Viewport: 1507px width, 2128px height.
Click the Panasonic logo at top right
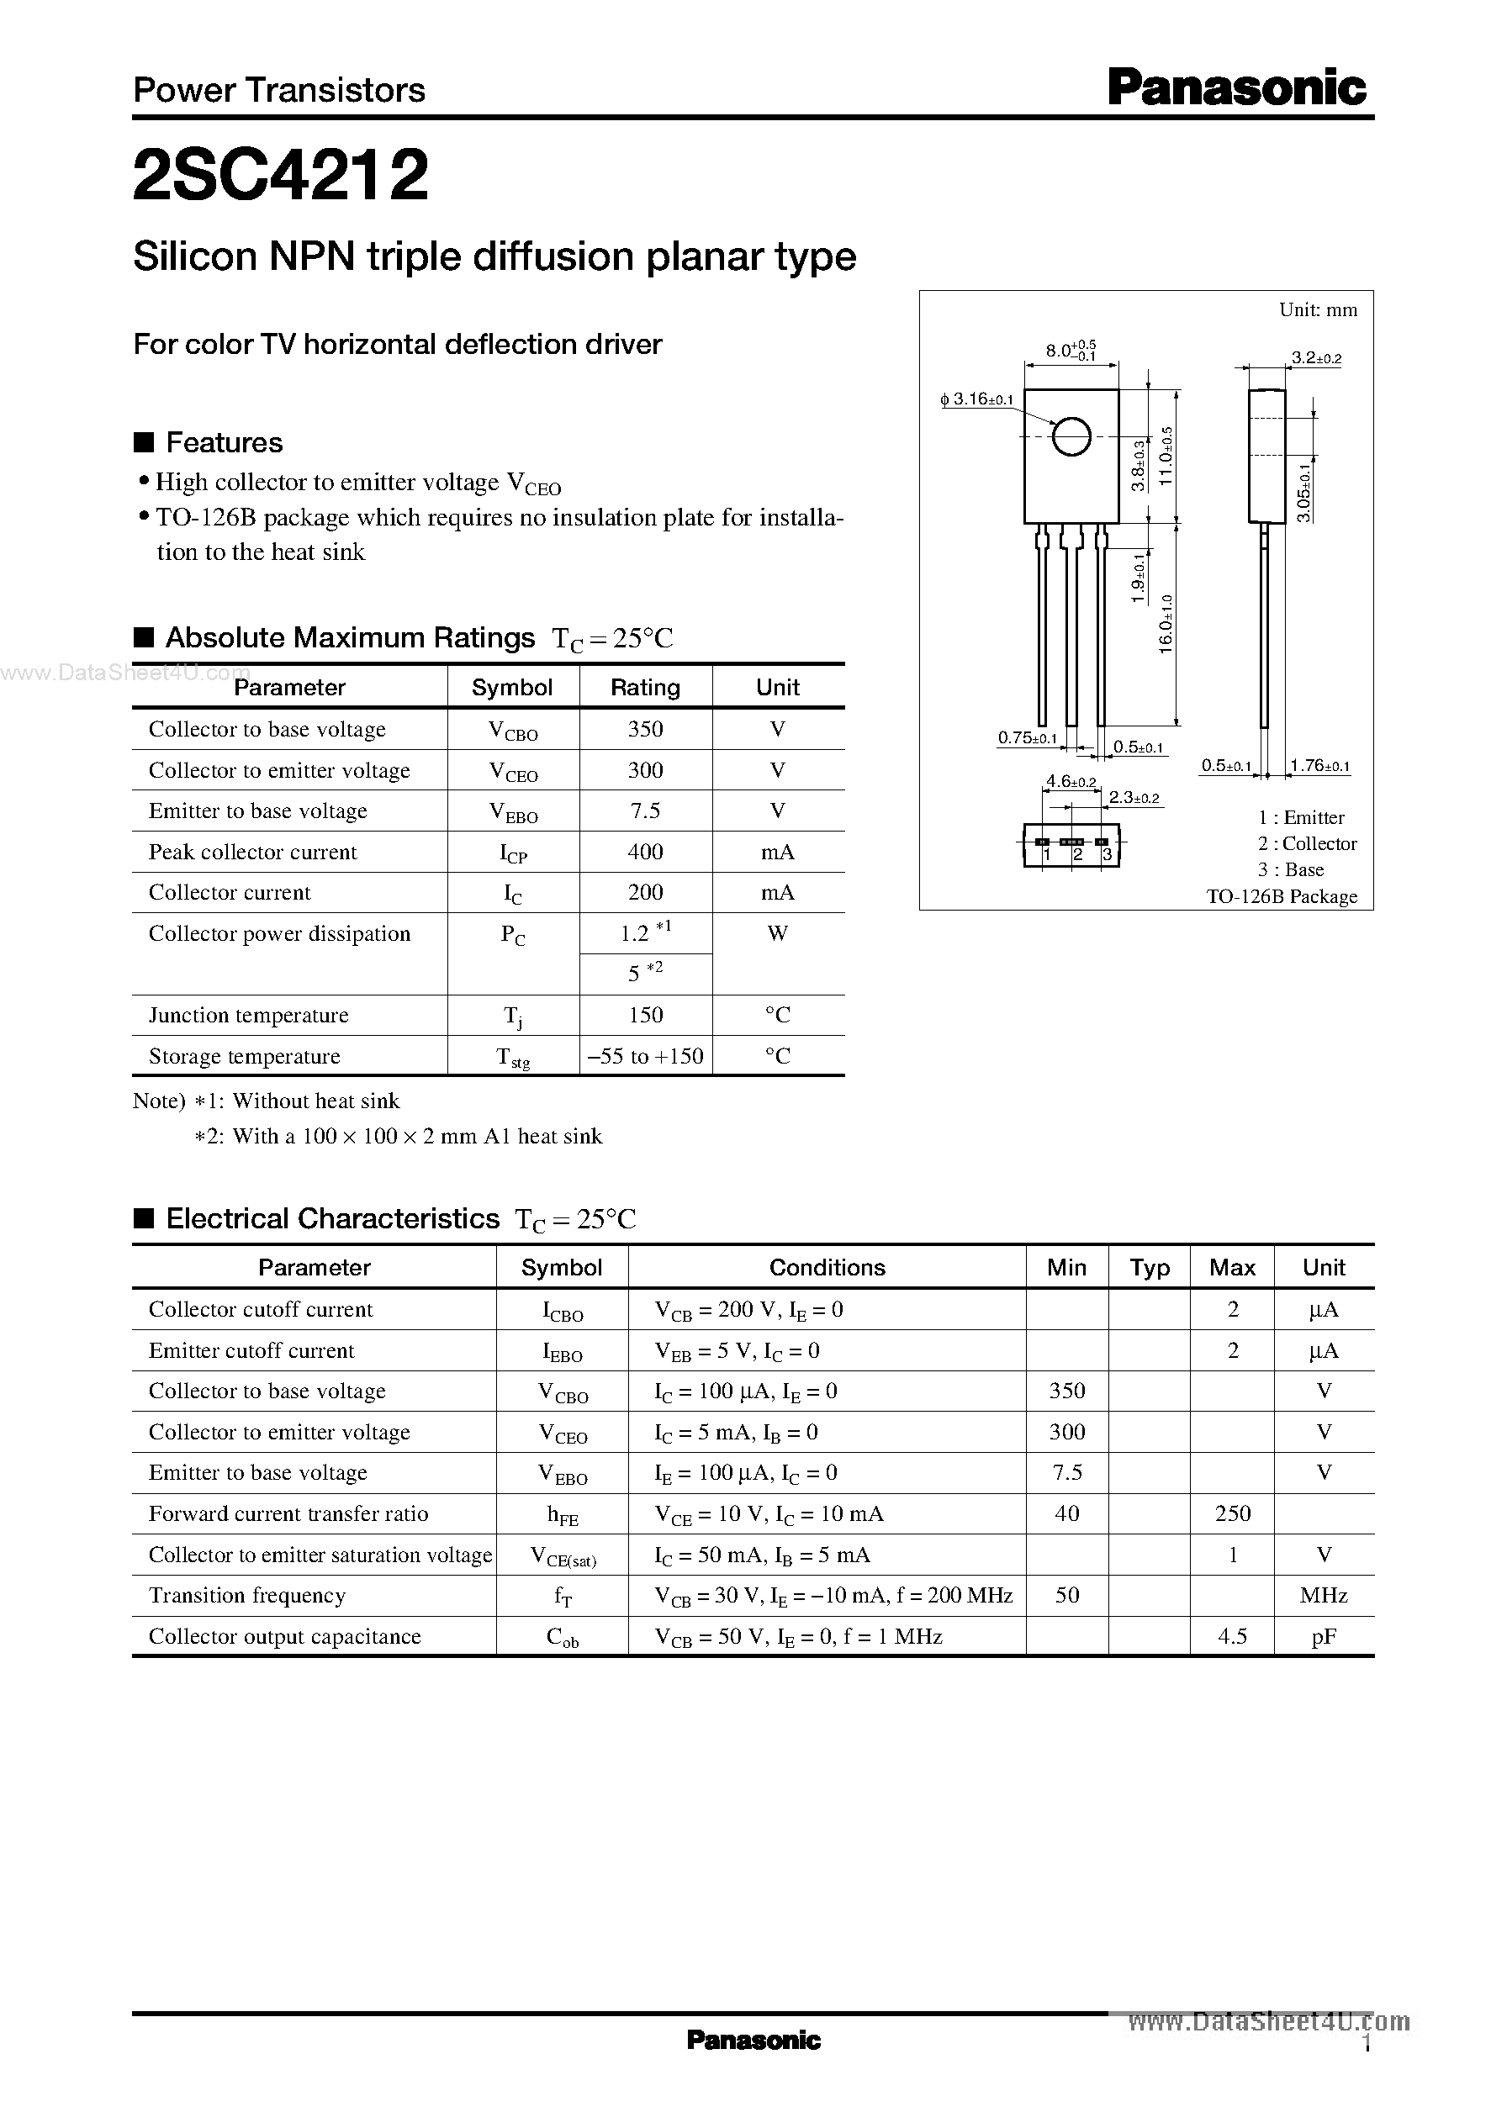(1237, 88)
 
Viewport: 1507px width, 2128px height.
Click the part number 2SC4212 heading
(280, 176)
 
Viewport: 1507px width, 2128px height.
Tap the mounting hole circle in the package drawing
(1071, 437)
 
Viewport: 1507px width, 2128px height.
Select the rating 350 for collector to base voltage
(645, 729)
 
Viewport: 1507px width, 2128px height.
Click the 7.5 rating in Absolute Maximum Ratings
(645, 811)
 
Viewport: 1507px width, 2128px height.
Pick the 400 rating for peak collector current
(645, 852)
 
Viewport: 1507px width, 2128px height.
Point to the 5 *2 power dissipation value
(645, 972)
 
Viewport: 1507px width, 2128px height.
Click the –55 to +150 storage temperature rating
(645, 1056)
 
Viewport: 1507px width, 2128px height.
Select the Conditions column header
(827, 1267)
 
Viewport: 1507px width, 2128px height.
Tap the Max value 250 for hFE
(1232, 1514)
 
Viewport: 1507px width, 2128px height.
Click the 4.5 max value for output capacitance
(1232, 1636)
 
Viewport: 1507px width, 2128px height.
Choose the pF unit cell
(1324, 1636)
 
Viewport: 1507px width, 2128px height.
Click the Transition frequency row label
(248, 1596)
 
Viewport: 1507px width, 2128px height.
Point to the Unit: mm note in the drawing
(1318, 310)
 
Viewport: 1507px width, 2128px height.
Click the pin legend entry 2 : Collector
(1307, 843)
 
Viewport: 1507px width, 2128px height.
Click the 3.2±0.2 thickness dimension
(1316, 358)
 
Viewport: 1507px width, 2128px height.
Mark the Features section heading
(224, 442)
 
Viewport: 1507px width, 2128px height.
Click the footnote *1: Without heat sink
(297, 1101)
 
